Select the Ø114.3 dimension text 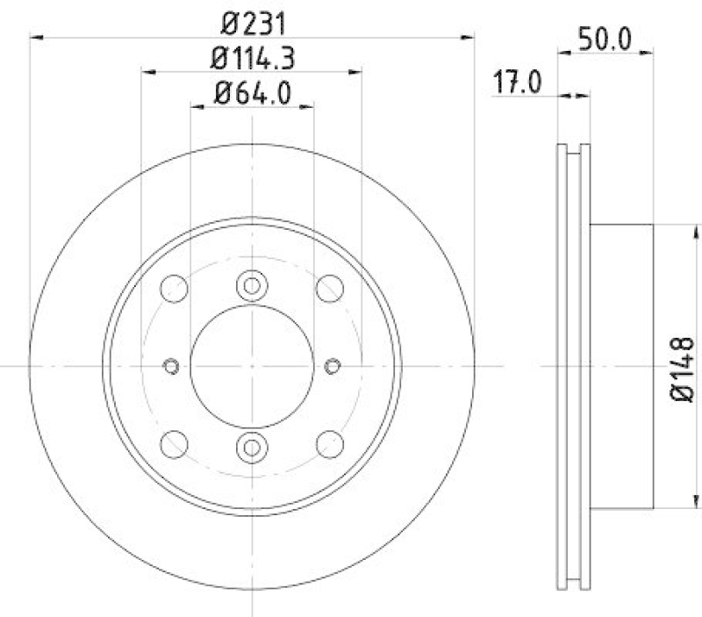pos(252,59)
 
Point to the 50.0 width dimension pos(605,39)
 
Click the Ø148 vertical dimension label pos(683,368)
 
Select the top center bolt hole pos(252,285)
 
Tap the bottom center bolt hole pos(252,447)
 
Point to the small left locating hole pos(172,365)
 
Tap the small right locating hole pos(333,365)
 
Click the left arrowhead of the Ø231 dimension pos(37,37)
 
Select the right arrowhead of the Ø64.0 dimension pos(306,105)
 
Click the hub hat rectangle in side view pos(621,365)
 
